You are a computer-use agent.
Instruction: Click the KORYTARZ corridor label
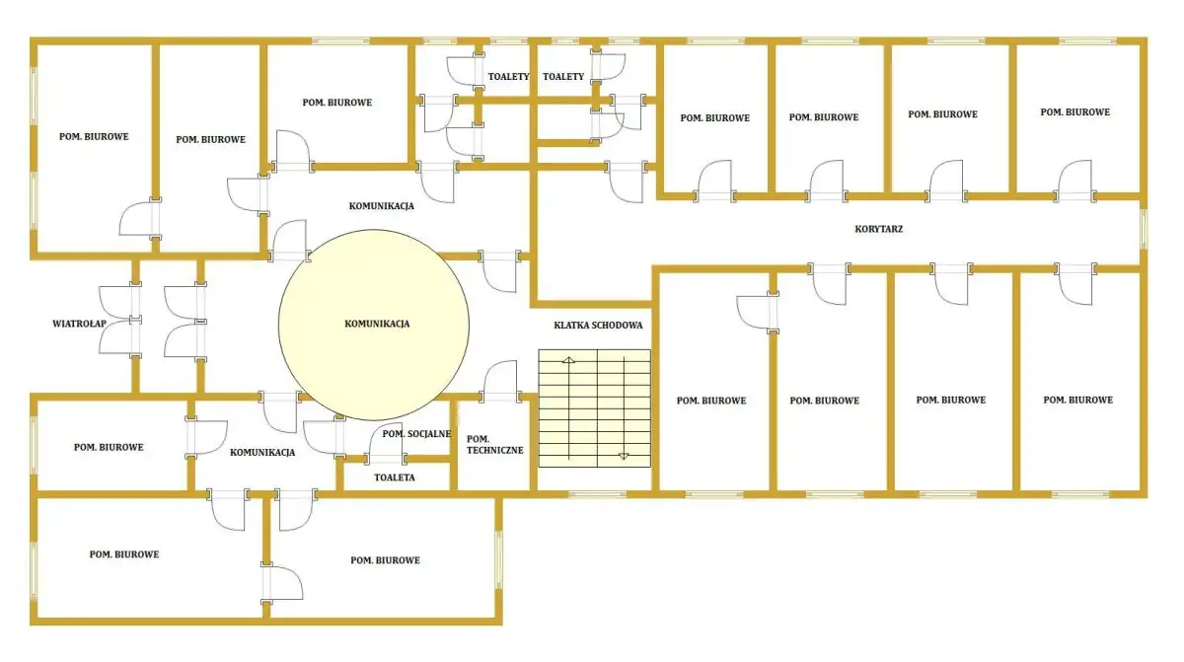(x=878, y=229)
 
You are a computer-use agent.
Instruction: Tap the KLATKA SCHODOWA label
(x=598, y=326)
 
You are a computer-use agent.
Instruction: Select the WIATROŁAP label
(x=79, y=324)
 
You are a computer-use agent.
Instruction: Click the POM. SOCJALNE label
(x=416, y=434)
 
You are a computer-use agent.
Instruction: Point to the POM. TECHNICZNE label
(x=494, y=445)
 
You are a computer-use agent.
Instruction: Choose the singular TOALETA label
(x=395, y=478)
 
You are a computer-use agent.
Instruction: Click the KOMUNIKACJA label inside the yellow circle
(x=377, y=324)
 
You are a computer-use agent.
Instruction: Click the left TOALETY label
(x=508, y=77)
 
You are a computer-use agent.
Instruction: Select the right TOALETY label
(x=563, y=77)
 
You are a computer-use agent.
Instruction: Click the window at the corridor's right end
(x=1144, y=229)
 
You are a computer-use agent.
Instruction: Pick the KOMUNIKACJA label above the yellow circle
(x=381, y=206)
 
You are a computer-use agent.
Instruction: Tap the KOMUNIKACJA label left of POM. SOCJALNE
(x=262, y=453)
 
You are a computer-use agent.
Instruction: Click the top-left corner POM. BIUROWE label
(x=94, y=137)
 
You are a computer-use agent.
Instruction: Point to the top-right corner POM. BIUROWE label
(x=1075, y=112)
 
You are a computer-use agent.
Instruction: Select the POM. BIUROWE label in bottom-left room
(x=124, y=554)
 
